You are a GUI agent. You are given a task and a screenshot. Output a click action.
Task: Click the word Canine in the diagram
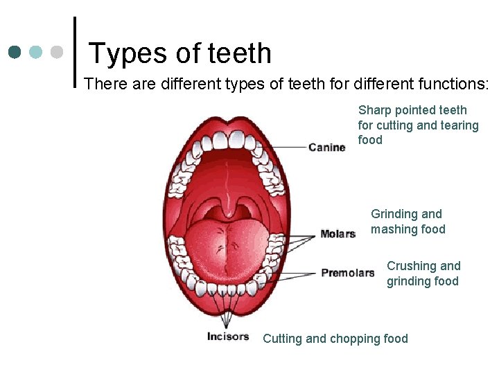[326, 148]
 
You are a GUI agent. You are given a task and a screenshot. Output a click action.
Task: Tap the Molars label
[338, 234]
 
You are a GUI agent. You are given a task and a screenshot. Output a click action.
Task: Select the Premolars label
[347, 273]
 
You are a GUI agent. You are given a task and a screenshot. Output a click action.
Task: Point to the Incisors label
[227, 337]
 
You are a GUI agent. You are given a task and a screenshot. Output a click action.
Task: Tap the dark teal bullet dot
[15, 53]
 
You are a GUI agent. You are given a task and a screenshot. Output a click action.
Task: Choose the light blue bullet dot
[36, 53]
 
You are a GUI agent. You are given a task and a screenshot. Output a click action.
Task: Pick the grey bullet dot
[57, 53]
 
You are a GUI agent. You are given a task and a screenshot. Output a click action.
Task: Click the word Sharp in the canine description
[374, 110]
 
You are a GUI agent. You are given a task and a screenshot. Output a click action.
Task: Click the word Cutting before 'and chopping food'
[282, 339]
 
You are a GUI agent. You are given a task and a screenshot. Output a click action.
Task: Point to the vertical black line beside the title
[74, 53]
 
